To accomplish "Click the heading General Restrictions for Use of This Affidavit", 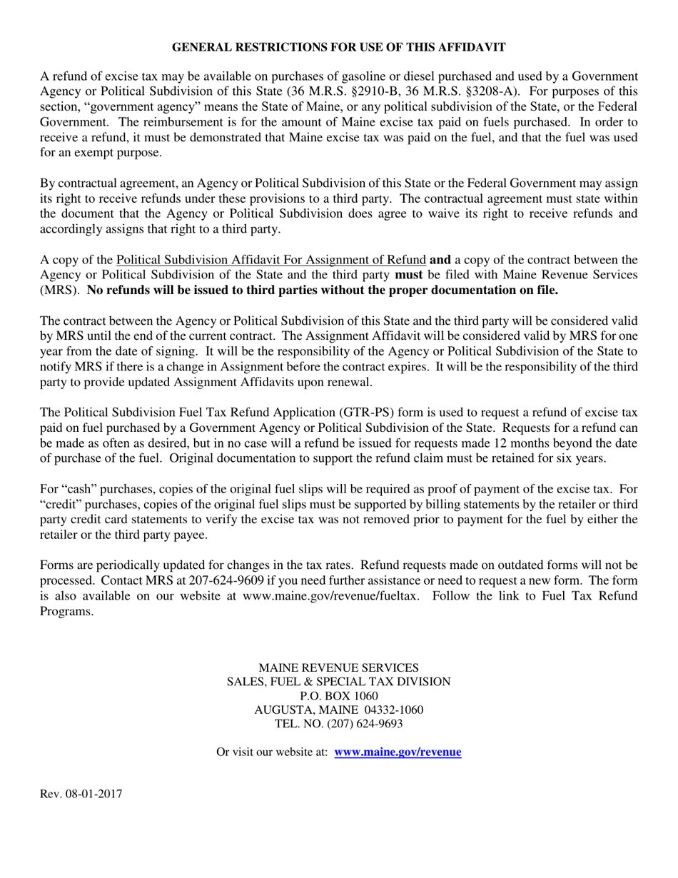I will [x=339, y=47].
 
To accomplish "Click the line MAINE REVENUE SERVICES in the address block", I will [x=338, y=667].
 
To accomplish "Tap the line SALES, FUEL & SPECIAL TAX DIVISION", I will [x=338, y=682].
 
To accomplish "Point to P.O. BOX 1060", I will [x=338, y=696].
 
